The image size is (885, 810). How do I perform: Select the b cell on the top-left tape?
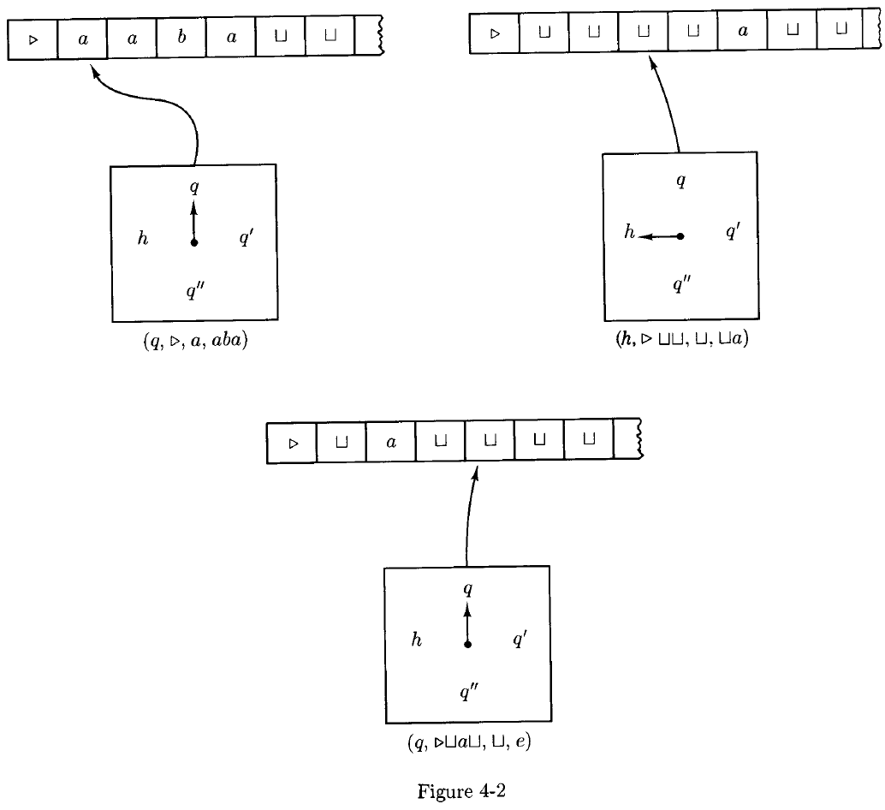(181, 39)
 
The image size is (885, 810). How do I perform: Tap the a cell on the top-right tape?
(742, 33)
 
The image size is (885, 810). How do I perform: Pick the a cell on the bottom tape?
(391, 444)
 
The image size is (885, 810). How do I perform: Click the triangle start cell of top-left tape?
(33, 39)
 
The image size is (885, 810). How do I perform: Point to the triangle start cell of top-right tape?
(495, 33)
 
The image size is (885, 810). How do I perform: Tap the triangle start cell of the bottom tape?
(293, 444)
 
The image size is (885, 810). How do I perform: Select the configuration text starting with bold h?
(680, 340)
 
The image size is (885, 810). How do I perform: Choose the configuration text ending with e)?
(469, 742)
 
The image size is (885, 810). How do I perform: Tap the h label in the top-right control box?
(629, 231)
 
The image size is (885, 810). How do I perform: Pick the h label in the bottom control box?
(417, 640)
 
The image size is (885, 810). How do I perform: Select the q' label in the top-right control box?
(733, 232)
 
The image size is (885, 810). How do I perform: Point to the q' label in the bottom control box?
(519, 640)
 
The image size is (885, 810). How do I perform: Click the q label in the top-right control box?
(680, 182)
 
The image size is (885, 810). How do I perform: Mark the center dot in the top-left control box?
(193, 243)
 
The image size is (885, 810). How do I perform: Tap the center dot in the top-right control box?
(680, 235)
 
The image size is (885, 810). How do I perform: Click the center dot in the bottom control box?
(467, 644)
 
